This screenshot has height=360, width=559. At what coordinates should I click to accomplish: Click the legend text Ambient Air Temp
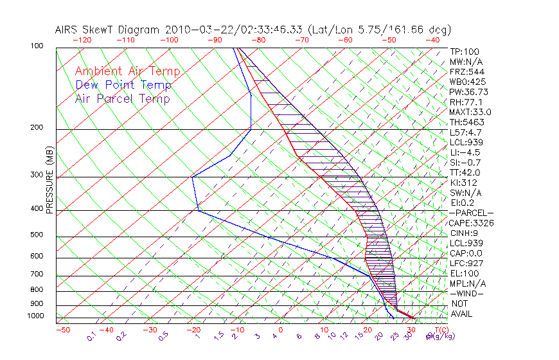(x=127, y=71)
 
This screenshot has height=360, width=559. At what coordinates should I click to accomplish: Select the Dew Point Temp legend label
(x=123, y=85)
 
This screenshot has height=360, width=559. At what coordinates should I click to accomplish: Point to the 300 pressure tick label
(x=36, y=175)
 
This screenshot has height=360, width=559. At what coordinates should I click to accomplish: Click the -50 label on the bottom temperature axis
(x=62, y=330)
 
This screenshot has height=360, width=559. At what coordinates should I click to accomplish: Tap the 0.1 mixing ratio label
(x=92, y=336)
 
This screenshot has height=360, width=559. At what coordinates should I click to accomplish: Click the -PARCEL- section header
(x=471, y=213)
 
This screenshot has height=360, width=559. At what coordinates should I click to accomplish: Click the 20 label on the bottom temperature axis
(x=367, y=330)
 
